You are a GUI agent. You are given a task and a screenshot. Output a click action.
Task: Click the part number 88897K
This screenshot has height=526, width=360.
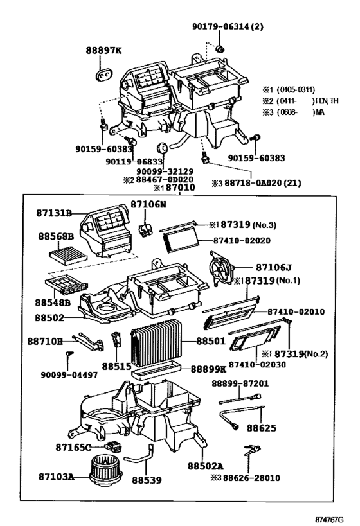pos(104,49)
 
